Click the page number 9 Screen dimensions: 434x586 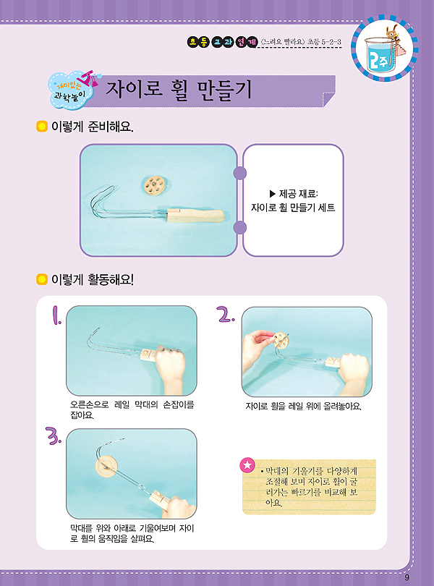407,577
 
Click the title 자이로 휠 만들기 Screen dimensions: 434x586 179,90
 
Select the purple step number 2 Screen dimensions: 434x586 226,314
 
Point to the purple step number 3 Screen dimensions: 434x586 53,436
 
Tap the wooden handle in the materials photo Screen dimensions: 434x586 195,217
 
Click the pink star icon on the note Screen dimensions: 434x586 247,465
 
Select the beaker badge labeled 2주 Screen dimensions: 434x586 384,48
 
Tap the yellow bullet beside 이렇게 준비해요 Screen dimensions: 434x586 41,127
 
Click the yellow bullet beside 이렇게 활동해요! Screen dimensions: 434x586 41,279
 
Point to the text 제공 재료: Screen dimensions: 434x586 293,194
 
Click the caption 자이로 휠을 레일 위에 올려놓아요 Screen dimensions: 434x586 303,407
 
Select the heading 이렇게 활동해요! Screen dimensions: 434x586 93,279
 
